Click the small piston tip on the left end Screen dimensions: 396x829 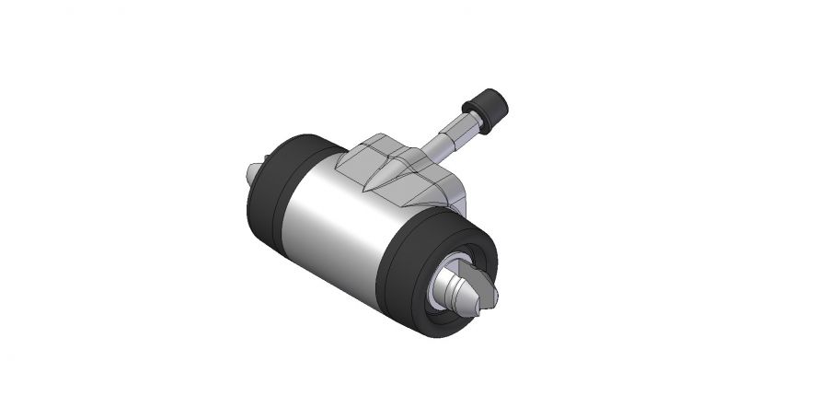(254, 173)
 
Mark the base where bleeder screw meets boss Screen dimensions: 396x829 (425, 152)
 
